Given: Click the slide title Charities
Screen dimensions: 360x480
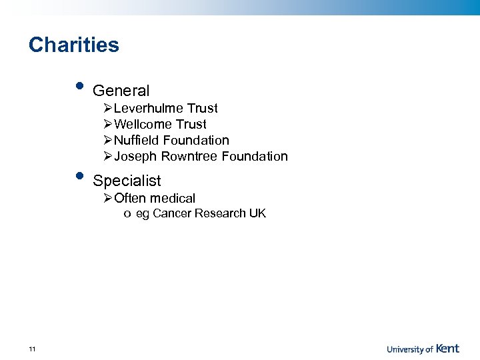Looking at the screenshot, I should tap(74, 45).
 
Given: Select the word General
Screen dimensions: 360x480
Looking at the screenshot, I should tap(121, 91).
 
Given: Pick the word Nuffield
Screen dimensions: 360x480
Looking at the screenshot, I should tap(137, 141).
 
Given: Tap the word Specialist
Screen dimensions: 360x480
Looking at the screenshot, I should tap(127, 181).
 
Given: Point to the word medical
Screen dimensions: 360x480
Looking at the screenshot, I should tap(173, 198).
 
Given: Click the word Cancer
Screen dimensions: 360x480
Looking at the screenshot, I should tap(171, 213).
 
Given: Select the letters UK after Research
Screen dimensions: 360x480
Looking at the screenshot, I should tap(257, 213).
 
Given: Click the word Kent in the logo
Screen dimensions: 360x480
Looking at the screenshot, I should tap(448, 348).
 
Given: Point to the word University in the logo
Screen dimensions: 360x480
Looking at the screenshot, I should tap(405, 349).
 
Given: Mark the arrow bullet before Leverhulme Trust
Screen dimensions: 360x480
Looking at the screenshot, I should tap(108, 109).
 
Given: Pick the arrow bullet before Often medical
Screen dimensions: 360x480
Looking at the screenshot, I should tap(108, 198).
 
